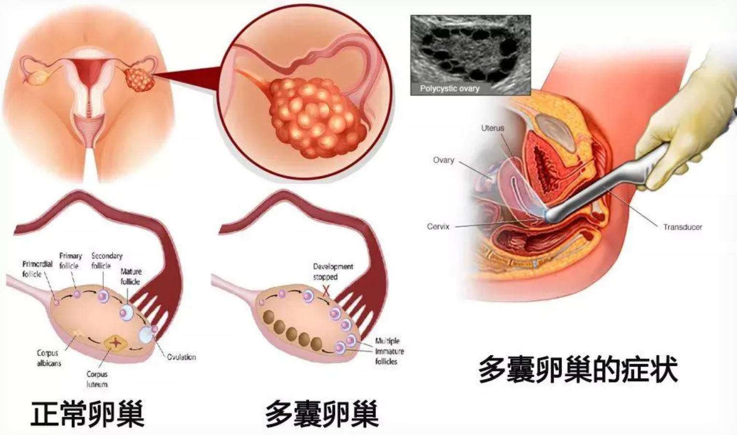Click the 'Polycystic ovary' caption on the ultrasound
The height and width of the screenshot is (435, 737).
click(449, 88)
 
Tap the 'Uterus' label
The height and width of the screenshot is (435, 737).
click(492, 128)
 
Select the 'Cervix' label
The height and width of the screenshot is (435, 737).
click(438, 226)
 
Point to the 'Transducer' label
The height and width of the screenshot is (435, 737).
click(682, 227)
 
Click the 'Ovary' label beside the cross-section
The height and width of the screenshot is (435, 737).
click(443, 160)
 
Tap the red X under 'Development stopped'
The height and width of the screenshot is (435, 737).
click(326, 290)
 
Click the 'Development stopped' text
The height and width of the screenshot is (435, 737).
click(333, 272)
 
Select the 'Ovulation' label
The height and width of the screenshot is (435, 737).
click(181, 357)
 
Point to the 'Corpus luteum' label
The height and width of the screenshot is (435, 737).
click(97, 379)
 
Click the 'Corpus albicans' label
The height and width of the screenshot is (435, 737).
click(49, 358)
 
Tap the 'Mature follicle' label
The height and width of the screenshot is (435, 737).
click(131, 276)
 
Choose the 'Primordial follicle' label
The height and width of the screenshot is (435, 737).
click(37, 269)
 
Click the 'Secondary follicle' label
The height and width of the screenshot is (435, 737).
click(107, 261)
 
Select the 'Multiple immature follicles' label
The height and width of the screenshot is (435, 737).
click(389, 351)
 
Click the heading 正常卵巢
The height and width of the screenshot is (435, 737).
click(87, 414)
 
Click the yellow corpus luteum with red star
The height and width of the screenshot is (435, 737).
click(115, 343)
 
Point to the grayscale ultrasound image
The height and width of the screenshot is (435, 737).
click(471, 55)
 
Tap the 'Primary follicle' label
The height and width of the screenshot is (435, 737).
click(70, 261)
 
